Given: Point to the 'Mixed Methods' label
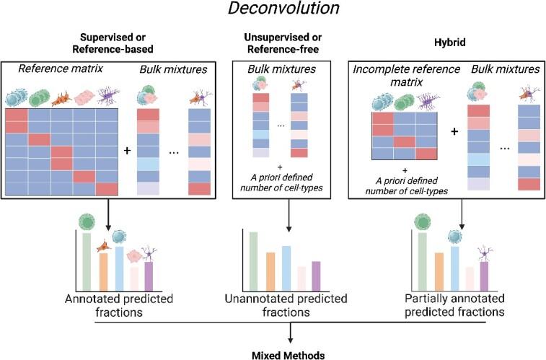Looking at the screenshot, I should [290, 354].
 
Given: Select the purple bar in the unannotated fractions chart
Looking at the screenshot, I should [315, 273].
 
